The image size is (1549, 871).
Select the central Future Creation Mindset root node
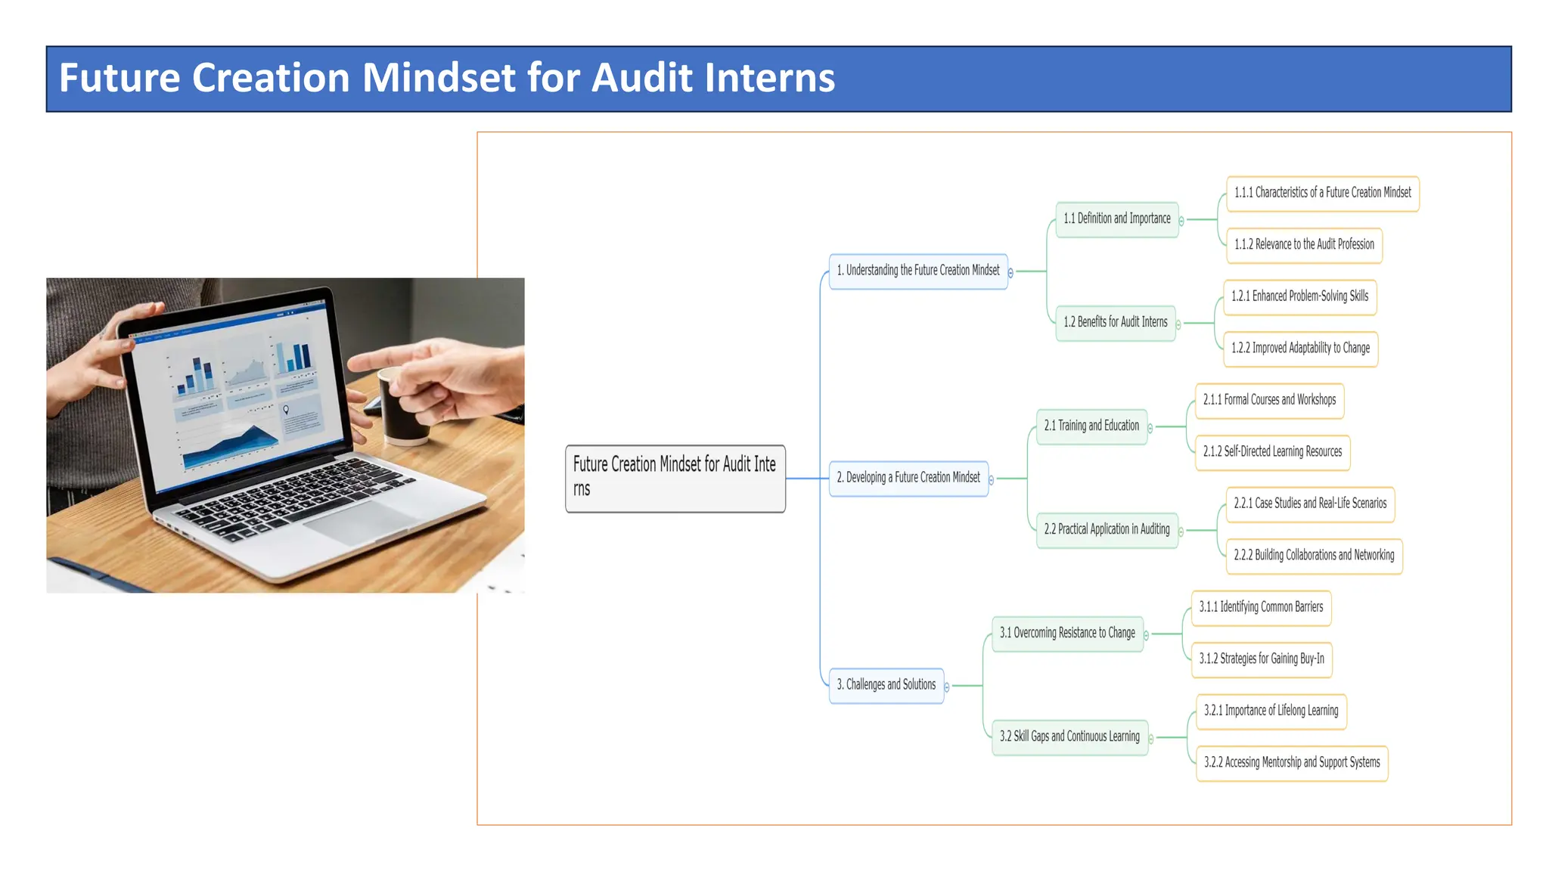tap(675, 478)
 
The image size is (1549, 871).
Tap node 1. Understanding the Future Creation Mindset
tap(917, 271)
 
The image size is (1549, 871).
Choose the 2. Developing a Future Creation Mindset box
tap(908, 478)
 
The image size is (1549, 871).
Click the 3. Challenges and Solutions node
tap(886, 685)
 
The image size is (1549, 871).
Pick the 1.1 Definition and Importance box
tap(1116, 219)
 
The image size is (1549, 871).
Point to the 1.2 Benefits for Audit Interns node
tap(1115, 323)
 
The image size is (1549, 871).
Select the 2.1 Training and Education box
tap(1091, 426)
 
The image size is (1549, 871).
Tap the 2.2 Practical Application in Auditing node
tap(1107, 530)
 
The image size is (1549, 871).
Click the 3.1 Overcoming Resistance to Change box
tap(1067, 634)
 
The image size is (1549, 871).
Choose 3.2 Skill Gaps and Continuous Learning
tap(1069, 737)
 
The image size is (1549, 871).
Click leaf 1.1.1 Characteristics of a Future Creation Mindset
tap(1322, 194)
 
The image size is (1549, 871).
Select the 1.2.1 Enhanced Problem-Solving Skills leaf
tap(1299, 297)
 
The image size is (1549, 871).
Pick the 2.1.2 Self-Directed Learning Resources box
tap(1272, 452)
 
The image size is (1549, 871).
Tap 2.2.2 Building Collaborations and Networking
tap(1314, 556)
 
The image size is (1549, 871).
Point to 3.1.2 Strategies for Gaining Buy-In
tap(1262, 659)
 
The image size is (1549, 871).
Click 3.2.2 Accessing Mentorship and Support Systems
tap(1291, 763)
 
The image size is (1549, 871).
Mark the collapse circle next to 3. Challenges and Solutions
tap(947, 687)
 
